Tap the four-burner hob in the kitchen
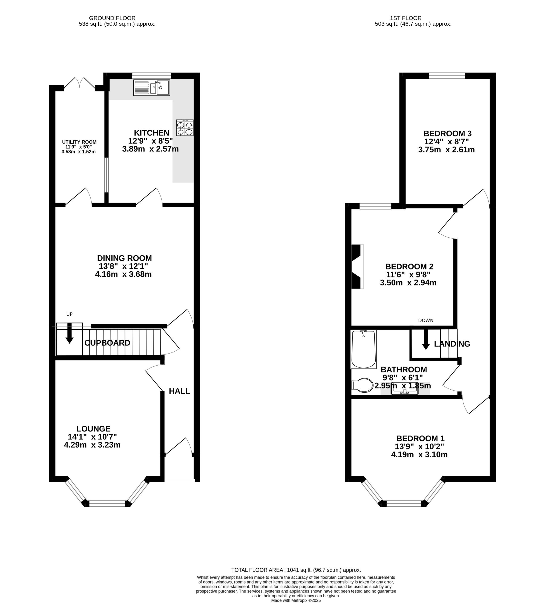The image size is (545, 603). [x=185, y=128]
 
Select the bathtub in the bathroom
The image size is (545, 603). [x=363, y=349]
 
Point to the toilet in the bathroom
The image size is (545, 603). [x=363, y=385]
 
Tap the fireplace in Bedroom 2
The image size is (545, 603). [x=357, y=266]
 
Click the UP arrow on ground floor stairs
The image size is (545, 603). [x=69, y=333]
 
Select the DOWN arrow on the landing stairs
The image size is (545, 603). [x=426, y=340]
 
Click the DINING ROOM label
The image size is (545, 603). [x=124, y=258]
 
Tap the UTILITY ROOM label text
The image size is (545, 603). [x=79, y=142]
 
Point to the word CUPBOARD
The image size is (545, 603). [x=107, y=343]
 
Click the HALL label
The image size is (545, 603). [x=179, y=391]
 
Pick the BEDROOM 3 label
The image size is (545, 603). [x=447, y=133]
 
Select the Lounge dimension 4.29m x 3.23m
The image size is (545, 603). [x=92, y=445]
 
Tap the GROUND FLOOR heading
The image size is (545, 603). [x=112, y=18]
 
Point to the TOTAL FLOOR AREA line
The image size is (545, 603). [x=296, y=570]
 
